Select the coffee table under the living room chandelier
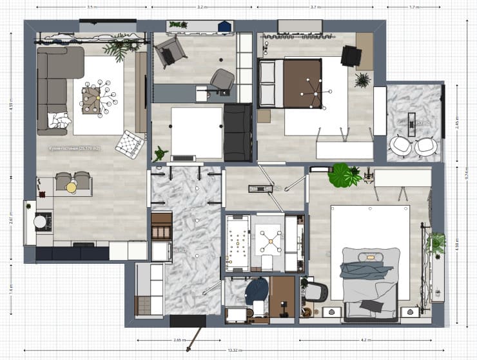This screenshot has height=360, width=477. click(x=94, y=100)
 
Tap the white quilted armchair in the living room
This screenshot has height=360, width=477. click(x=129, y=143)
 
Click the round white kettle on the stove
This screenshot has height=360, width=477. click(x=40, y=221)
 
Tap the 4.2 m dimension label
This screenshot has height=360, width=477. click(x=364, y=339)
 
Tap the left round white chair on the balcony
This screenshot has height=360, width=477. click(x=402, y=146)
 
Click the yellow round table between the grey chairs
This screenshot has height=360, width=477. click(x=72, y=187)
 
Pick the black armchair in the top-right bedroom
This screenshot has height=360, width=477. click(x=351, y=56)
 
